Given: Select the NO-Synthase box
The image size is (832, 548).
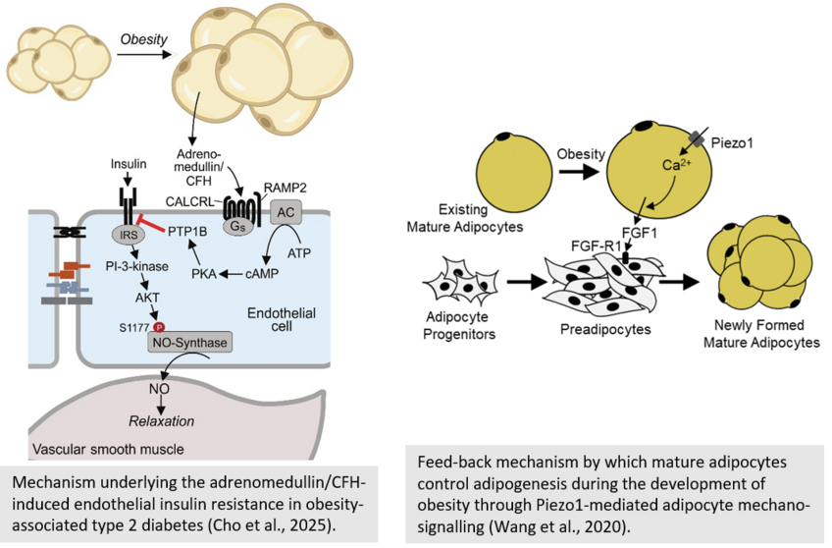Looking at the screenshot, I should pyautogui.click(x=190, y=343).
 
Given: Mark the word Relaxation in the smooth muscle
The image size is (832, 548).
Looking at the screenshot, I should pyautogui.click(x=162, y=420).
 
